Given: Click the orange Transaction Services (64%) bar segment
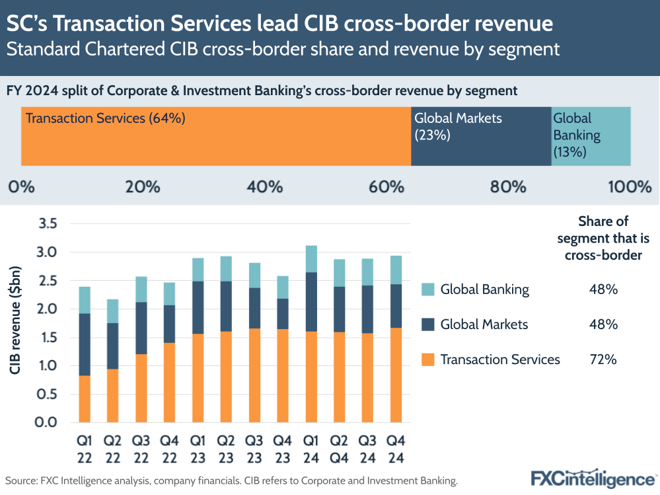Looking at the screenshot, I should (x=216, y=136).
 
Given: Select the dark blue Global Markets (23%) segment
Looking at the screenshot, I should (x=481, y=136).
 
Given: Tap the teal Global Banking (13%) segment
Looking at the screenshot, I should (x=591, y=136).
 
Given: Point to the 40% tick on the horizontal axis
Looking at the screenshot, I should (x=265, y=187).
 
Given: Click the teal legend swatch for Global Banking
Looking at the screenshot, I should (x=427, y=289).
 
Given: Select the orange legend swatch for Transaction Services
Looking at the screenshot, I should (x=427, y=360).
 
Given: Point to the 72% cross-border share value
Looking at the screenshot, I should (x=603, y=360).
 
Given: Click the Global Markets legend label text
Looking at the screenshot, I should (x=484, y=324).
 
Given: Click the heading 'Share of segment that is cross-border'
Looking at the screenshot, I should (x=603, y=238).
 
